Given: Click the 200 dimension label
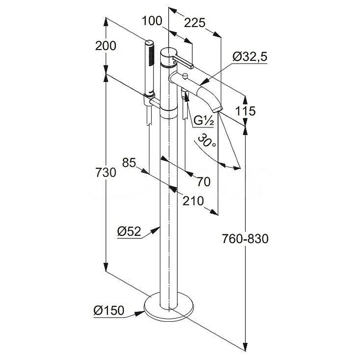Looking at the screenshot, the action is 106,46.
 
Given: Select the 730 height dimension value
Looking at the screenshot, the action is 106,172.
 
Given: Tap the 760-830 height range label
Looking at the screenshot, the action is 245,238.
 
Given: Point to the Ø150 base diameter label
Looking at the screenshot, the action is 109,310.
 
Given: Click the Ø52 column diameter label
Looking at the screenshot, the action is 129,231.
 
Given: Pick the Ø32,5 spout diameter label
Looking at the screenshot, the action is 250,57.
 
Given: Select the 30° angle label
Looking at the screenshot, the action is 207,141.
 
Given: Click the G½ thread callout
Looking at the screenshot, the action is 204,121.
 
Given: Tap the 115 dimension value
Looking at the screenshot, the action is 245,111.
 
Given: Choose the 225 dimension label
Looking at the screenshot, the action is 194,23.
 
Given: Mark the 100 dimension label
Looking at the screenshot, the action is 152,21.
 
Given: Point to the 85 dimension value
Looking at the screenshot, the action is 129,162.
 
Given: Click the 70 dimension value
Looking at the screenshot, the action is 203,182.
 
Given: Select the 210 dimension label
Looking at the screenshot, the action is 193,201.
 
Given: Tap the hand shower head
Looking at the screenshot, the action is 149,67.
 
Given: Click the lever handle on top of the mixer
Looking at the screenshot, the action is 183,61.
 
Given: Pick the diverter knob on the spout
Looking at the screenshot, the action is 185,76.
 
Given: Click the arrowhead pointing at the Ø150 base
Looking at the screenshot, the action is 139,313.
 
